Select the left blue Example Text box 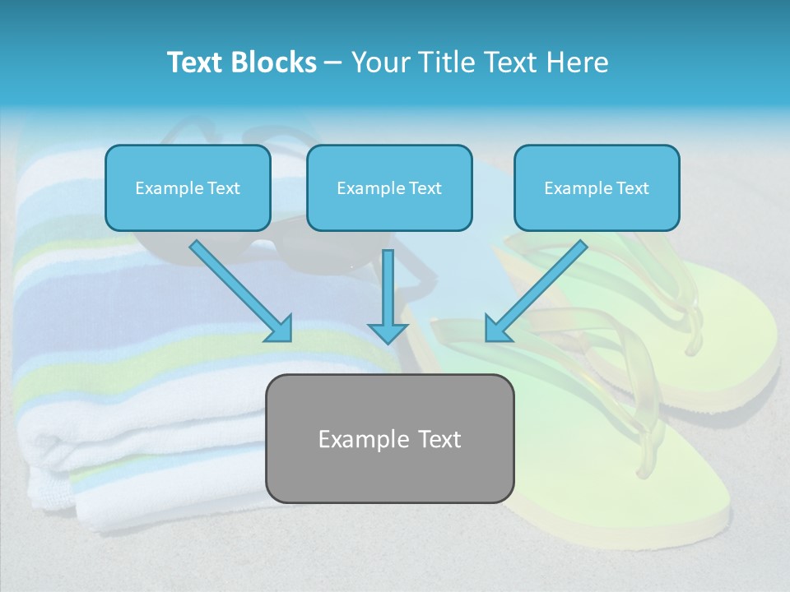click(188, 187)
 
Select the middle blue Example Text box click(389, 187)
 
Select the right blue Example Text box click(597, 187)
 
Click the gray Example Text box click(389, 438)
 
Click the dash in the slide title click(333, 62)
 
